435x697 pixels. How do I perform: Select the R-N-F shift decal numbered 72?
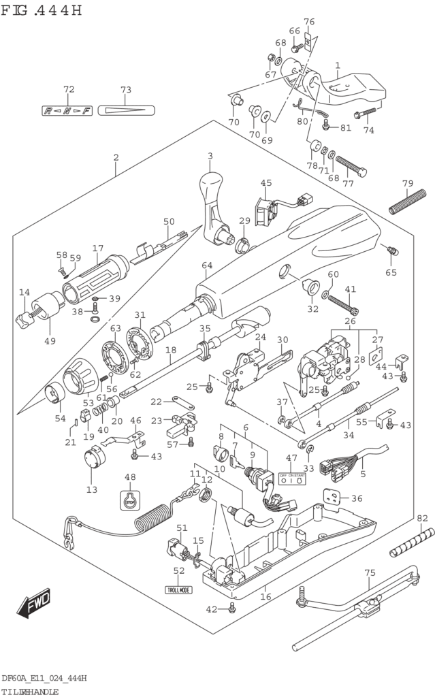(67, 110)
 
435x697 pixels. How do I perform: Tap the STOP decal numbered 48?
(130, 501)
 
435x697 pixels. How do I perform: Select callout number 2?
(116, 157)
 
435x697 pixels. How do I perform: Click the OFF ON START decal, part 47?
(291, 479)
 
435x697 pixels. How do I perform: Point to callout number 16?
(265, 596)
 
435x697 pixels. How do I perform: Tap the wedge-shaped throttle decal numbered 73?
(126, 110)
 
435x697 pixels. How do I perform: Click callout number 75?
(370, 572)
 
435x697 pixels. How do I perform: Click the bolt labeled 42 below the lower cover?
(232, 609)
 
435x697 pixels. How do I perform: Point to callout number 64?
(207, 265)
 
